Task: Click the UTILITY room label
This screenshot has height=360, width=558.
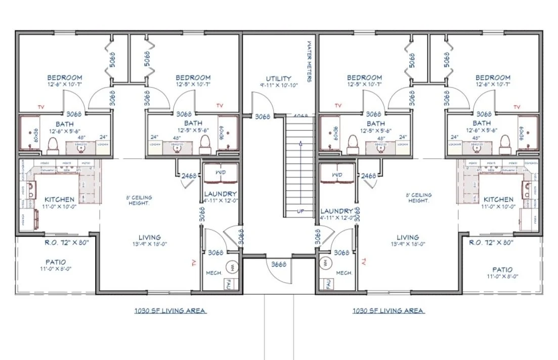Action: pos(279,79)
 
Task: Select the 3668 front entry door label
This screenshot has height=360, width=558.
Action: pos(279,264)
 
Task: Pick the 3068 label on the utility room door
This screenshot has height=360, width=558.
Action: pos(262,117)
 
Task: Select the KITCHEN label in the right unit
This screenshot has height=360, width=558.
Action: pos(498,200)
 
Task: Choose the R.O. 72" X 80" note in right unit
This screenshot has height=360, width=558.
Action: pos(490,243)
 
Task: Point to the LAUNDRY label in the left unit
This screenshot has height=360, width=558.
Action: pos(221,194)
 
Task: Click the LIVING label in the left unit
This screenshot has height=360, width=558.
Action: pos(150,237)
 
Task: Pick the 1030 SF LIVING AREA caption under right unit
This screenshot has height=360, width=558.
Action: pos(388,310)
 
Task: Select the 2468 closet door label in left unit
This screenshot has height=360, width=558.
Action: pos(190,175)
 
